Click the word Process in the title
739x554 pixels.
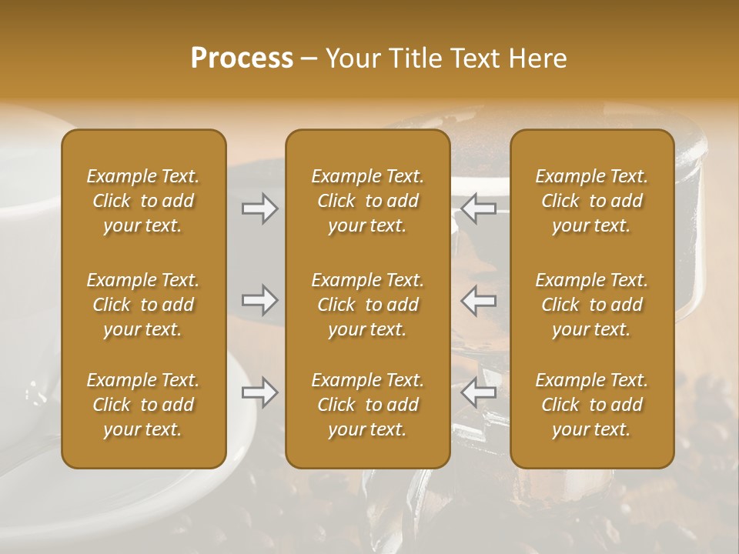coord(242,58)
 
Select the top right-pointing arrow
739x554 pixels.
coord(260,209)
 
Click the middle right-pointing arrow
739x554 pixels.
coord(260,300)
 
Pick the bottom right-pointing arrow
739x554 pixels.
coord(260,392)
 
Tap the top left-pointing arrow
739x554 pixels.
coord(479,209)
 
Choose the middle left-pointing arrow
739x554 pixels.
coord(479,300)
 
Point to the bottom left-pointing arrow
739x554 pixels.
coord(479,392)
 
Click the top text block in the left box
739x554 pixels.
coord(143,201)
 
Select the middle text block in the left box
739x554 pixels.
coord(143,305)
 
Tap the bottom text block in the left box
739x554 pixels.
coord(143,405)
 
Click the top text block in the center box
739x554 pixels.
coord(368,201)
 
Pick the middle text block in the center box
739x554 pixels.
coord(368,305)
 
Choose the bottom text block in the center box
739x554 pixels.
coord(368,405)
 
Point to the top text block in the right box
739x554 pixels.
coord(592,201)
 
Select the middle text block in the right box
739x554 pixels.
coord(592,305)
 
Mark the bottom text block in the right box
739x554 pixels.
coord(592,405)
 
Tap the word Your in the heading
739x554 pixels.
coord(350,58)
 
